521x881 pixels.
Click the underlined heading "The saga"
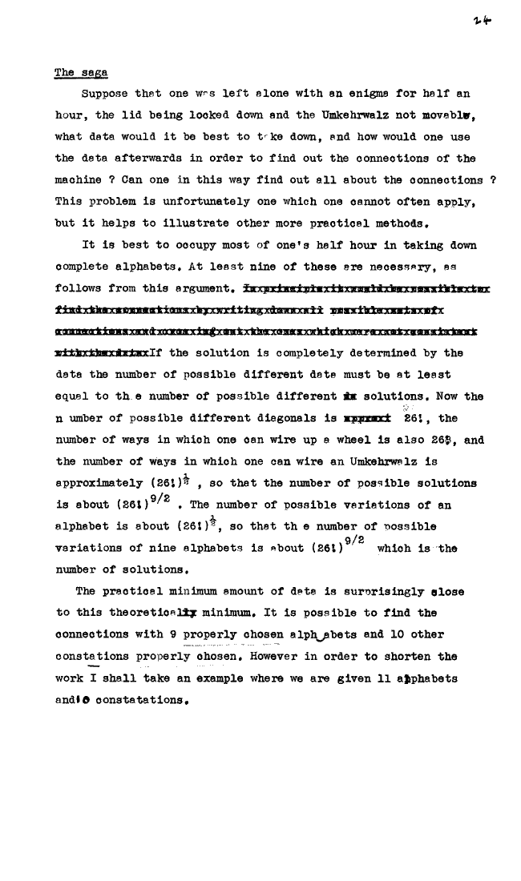[75, 73]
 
